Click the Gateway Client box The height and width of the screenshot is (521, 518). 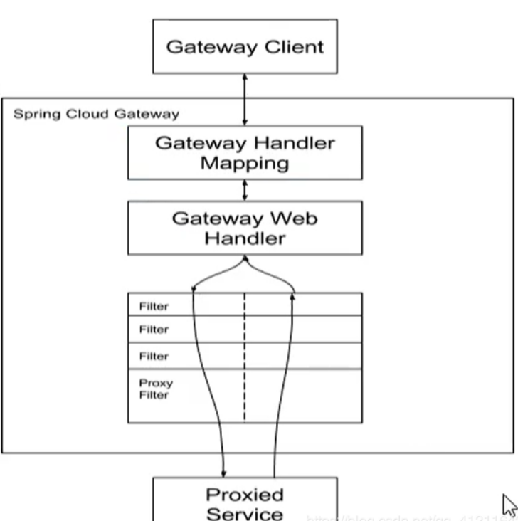coord(245,47)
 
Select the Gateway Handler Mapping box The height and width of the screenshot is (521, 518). coord(245,152)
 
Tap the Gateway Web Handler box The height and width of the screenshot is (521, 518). coord(245,228)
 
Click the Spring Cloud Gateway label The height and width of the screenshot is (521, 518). coord(96,114)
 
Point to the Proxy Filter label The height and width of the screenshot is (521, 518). coord(155,389)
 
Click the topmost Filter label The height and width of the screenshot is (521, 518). coord(154,306)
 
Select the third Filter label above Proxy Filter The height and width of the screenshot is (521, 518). coord(154,356)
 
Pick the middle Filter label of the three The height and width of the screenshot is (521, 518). coord(154,330)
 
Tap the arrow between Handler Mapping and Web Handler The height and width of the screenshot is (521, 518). coord(245,190)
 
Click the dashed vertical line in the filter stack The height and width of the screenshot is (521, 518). coord(245,356)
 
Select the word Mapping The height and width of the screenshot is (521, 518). coord(245,164)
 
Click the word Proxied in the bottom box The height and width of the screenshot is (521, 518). coord(245,494)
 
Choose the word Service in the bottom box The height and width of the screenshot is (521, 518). coord(245,512)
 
